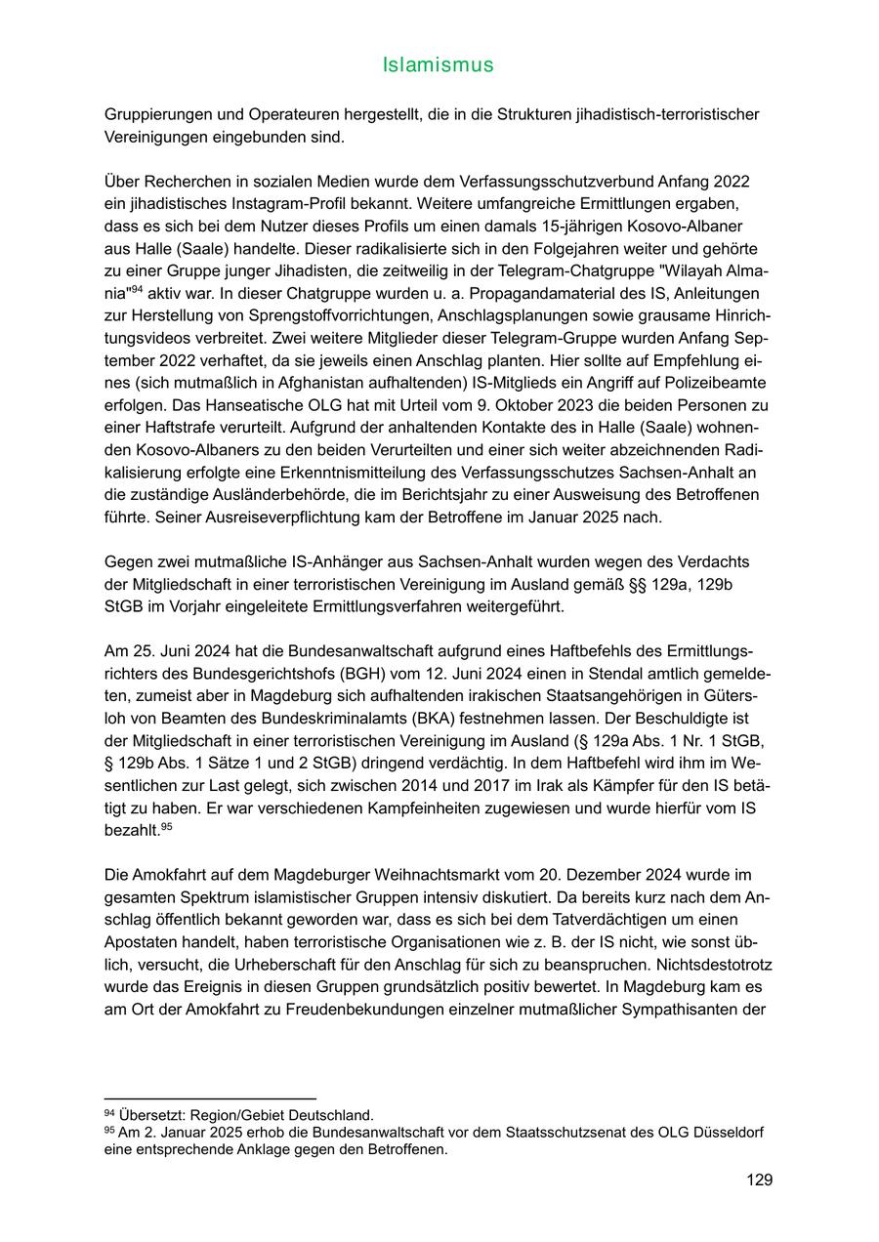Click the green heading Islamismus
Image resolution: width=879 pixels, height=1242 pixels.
439,65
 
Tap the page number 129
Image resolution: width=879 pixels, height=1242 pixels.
759,1180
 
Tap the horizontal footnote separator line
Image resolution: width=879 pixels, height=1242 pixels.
210,1099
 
